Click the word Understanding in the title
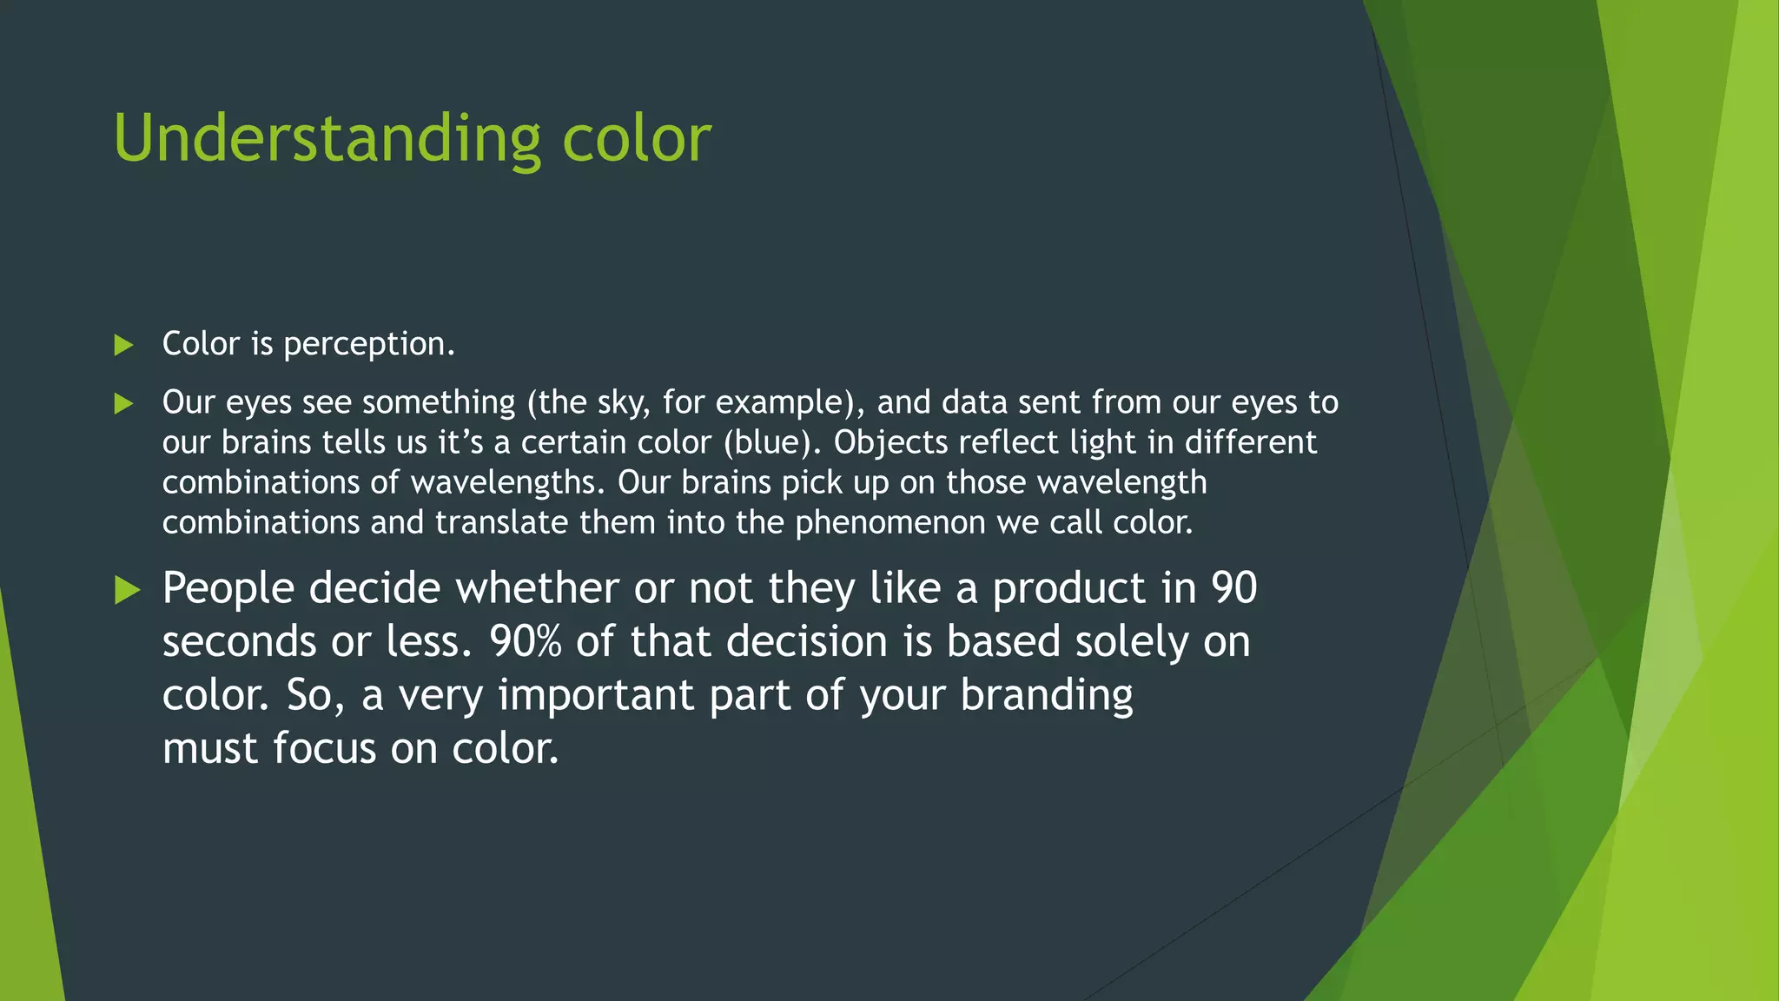click(327, 139)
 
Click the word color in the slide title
click(636, 139)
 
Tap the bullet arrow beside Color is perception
click(123, 346)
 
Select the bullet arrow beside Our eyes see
click(123, 403)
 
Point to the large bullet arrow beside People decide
click(127, 591)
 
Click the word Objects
click(891, 443)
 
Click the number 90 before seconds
click(1233, 588)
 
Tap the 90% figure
click(525, 642)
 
